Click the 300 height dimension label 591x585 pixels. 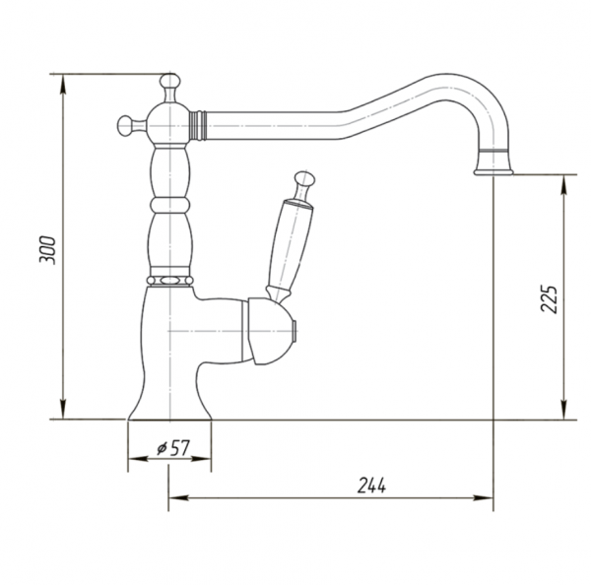coord(47,250)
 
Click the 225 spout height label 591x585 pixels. coord(549,299)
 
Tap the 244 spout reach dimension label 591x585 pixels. coord(371,486)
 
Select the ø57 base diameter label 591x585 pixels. coord(173,448)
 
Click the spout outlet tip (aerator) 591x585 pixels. coord(493,162)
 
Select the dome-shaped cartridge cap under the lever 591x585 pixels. coord(270,331)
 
